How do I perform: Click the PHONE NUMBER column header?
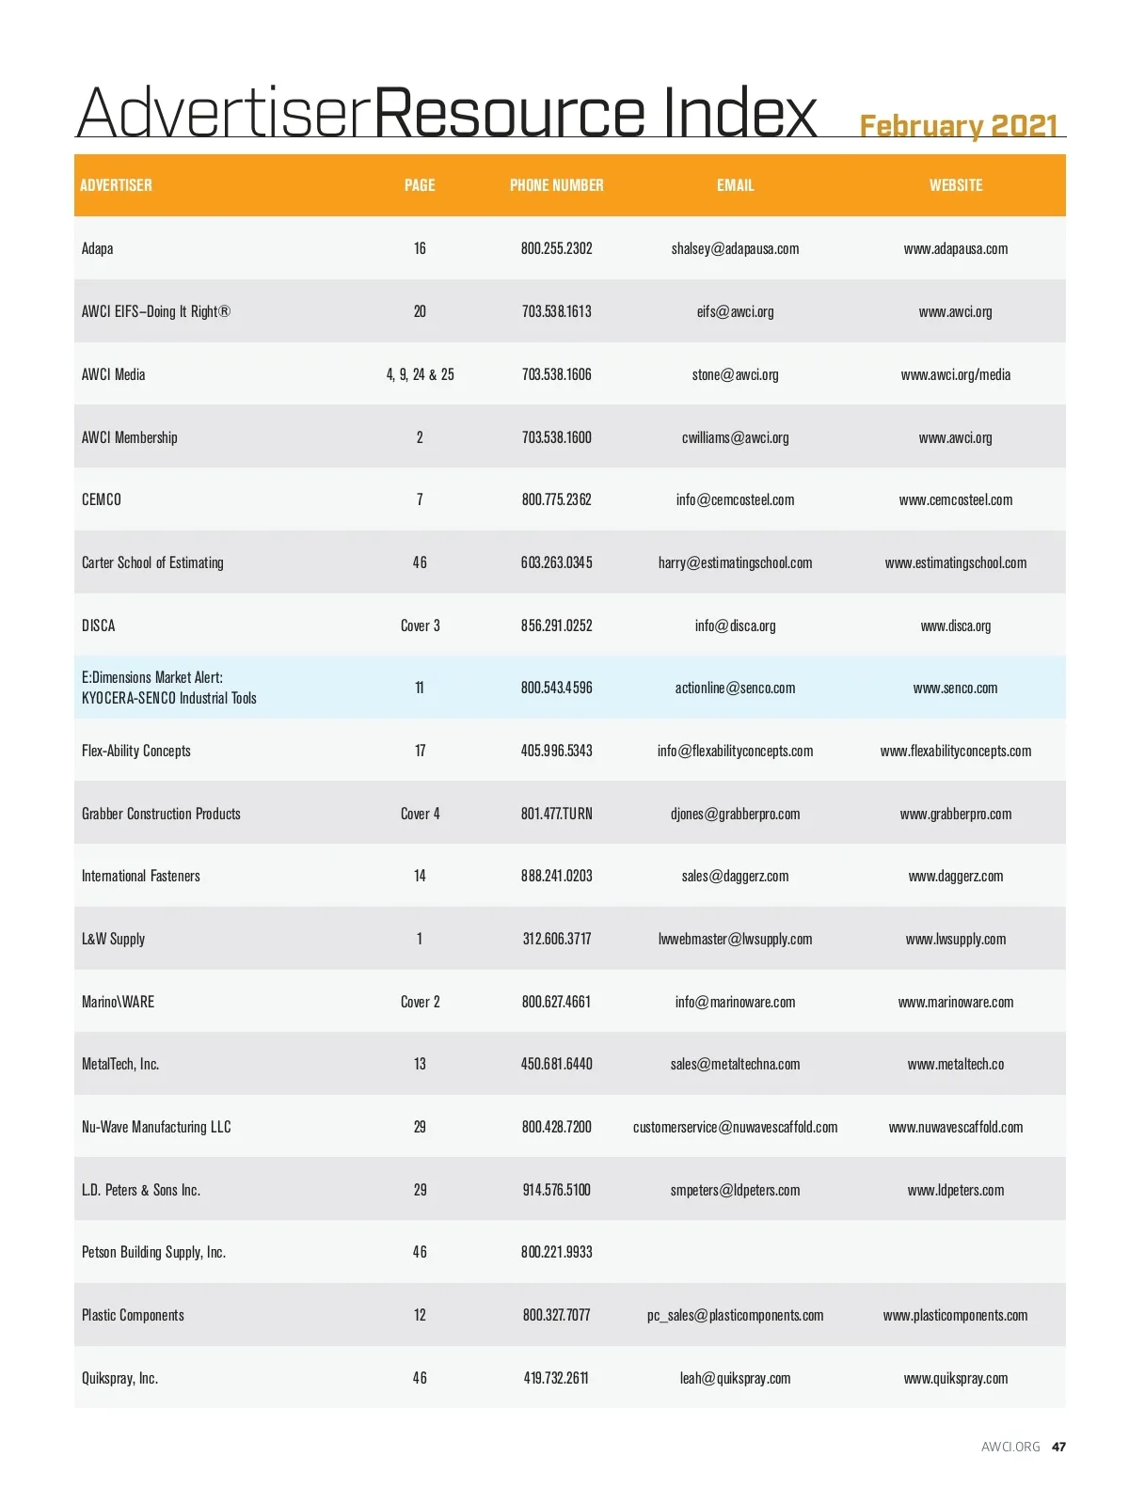(x=556, y=185)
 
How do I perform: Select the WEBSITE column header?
(x=955, y=185)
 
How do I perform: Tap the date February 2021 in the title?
(x=958, y=126)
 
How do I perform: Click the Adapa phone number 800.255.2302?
(x=556, y=249)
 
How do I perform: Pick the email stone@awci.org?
(x=735, y=374)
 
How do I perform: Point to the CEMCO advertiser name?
(x=102, y=499)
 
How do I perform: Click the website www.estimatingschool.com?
(x=955, y=562)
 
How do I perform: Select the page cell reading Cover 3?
(x=420, y=625)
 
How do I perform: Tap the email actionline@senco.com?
(x=735, y=688)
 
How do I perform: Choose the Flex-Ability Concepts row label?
(x=136, y=751)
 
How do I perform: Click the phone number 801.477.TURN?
(x=556, y=814)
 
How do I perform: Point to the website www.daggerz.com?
(x=955, y=876)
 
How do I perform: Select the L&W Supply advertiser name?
(x=113, y=939)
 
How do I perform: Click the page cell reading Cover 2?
(x=420, y=1002)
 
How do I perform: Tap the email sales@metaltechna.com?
(x=735, y=1064)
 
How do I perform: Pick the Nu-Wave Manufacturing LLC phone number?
(x=556, y=1127)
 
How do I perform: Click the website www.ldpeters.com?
(x=955, y=1190)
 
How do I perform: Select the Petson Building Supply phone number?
(x=556, y=1252)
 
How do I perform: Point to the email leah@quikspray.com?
(x=735, y=1378)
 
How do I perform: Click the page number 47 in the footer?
(x=1058, y=1447)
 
